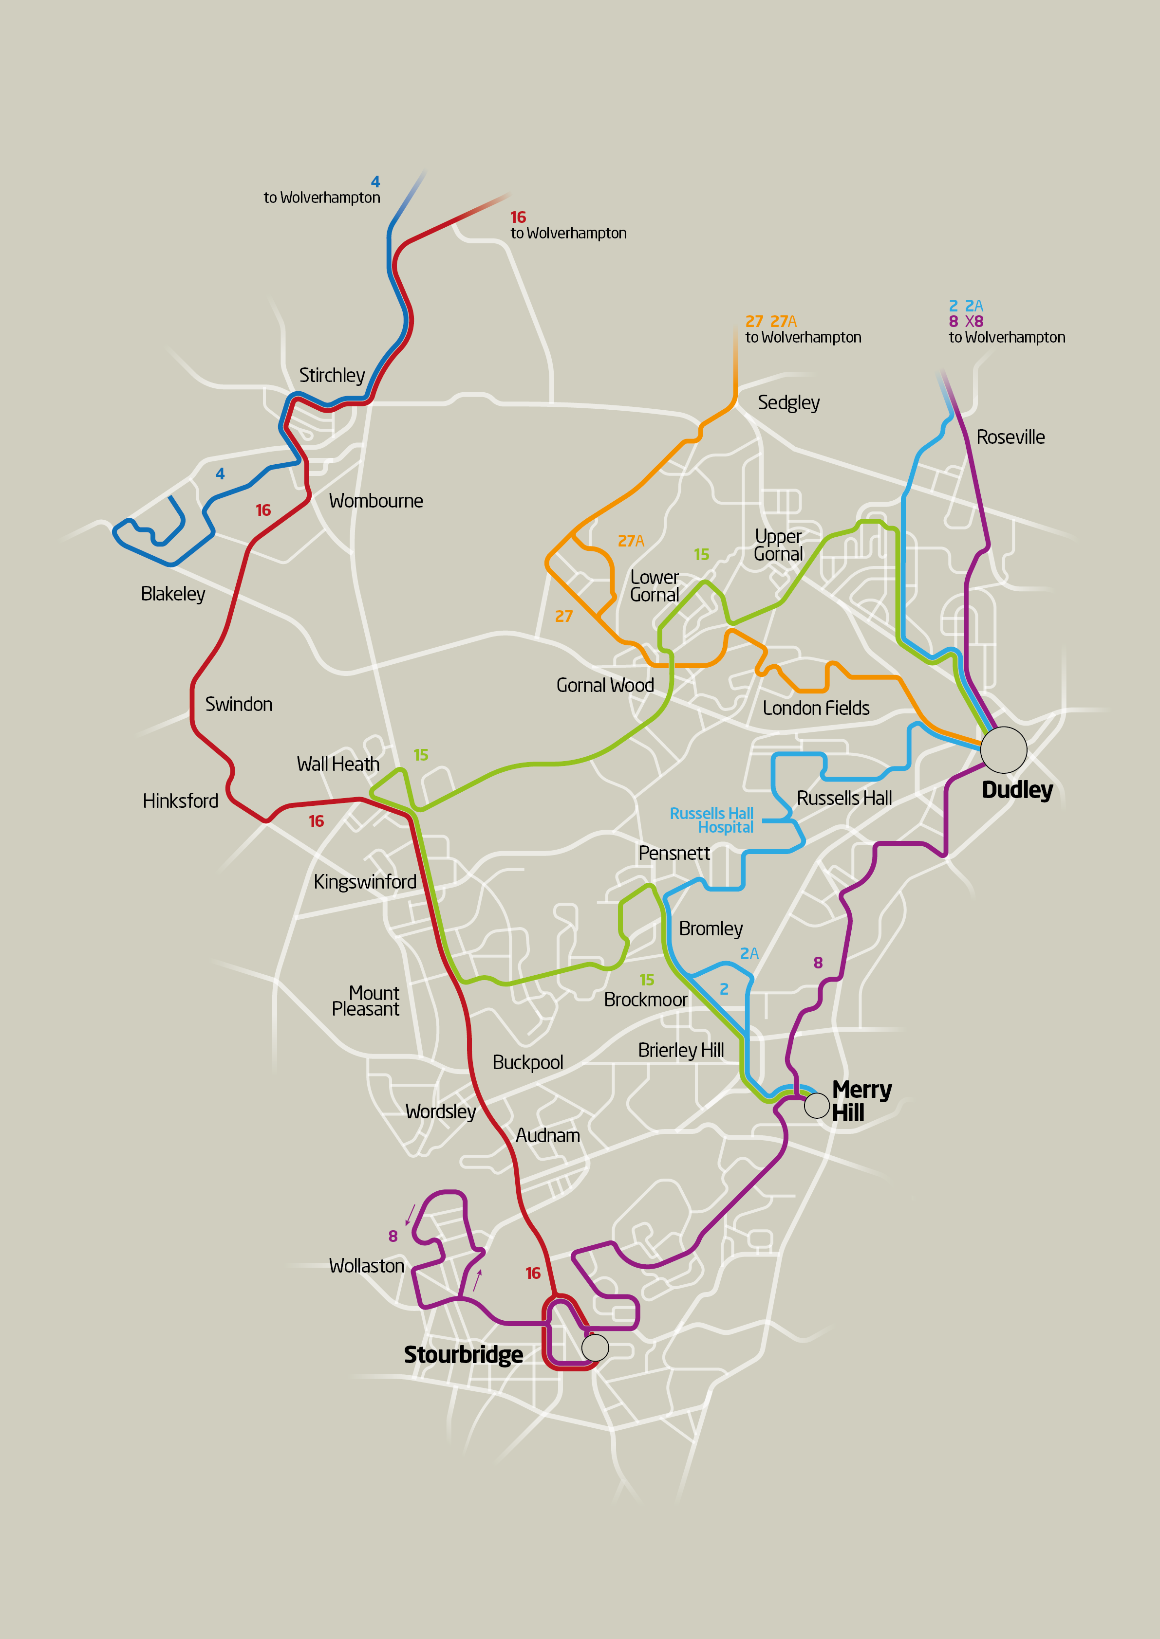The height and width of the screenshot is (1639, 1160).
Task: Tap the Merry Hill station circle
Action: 816,1105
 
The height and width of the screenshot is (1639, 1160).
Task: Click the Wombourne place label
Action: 376,501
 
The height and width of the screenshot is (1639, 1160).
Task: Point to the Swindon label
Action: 239,705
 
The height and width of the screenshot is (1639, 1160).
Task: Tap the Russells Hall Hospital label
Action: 711,820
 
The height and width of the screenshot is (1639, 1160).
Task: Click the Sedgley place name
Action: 788,402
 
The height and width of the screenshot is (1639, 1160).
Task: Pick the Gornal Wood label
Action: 605,685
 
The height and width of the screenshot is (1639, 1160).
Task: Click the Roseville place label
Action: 1010,437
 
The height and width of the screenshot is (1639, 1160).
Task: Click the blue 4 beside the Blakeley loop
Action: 220,474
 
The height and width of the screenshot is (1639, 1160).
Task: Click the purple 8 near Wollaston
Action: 393,1236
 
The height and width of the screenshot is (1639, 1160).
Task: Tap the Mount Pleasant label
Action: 366,1001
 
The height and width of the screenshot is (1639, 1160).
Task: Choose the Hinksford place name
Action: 180,801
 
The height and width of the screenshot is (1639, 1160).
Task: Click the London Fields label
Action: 816,708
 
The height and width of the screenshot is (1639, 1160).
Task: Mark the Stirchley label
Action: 332,376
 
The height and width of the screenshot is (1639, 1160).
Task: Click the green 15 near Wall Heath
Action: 421,755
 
